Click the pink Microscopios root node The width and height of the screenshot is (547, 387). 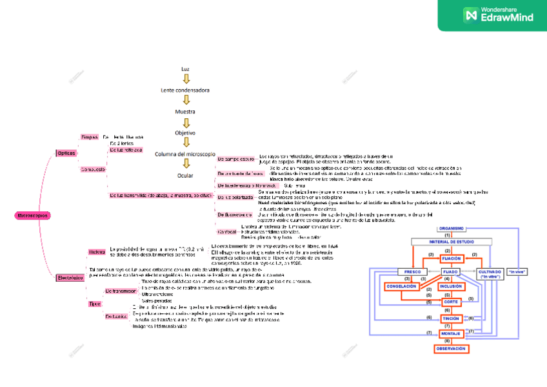coord(32,215)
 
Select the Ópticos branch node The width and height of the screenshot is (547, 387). coord(66,153)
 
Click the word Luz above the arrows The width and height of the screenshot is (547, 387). coord(186,68)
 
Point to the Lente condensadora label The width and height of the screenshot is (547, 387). coord(185,90)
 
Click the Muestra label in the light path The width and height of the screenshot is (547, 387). coord(185,112)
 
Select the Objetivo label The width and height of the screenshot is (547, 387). coord(185,133)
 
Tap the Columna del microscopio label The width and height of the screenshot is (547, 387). coord(185,154)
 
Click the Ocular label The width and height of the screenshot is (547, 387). coord(185,175)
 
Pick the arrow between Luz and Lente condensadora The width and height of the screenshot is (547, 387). coord(186,79)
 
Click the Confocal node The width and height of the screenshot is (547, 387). coord(227,231)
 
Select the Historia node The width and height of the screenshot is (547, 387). coord(97,251)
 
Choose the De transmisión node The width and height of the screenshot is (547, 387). coord(120,291)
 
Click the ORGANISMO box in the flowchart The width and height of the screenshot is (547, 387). coord(452,229)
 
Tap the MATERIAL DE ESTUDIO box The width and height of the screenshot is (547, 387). coord(452,242)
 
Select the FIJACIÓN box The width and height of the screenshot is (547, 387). coord(451,258)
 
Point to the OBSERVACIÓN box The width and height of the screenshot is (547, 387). coord(451,348)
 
